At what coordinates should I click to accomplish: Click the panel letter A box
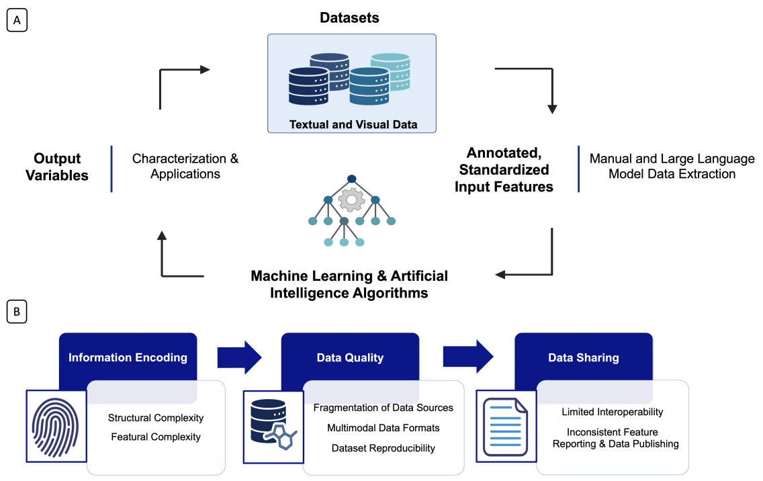[16, 21]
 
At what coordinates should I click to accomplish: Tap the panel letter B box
[16, 312]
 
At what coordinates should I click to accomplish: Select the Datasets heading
[349, 18]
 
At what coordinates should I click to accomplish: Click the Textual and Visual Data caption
[353, 124]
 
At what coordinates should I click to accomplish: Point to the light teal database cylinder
[390, 71]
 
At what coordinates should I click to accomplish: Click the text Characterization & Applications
[185, 167]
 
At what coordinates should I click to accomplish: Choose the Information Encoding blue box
[128, 357]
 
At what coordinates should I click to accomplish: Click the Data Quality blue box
[350, 357]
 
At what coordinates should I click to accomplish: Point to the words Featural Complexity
[156, 437]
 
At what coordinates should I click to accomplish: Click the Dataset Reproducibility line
[384, 448]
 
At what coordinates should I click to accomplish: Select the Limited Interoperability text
[613, 412]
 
